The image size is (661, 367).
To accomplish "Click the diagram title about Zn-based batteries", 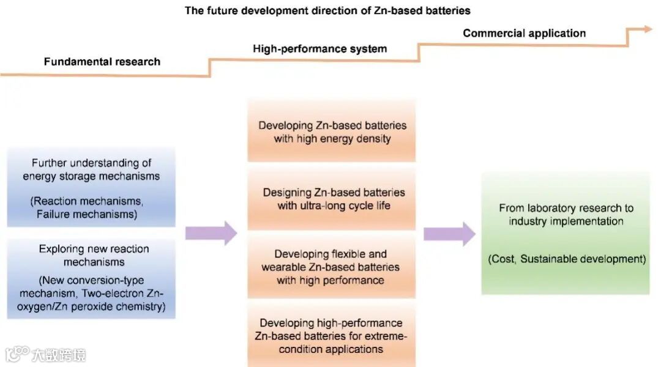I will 327,10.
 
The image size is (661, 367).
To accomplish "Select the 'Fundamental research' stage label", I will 102,62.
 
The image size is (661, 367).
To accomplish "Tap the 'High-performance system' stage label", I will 319,49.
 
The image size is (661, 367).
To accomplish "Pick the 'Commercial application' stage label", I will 524,33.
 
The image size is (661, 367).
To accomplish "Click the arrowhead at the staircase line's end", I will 648,29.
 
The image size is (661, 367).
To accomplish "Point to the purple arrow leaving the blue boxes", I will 211,232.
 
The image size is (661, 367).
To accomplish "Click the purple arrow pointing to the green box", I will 449,233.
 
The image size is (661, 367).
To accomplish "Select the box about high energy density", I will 332,132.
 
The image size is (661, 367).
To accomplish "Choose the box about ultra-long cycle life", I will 332,199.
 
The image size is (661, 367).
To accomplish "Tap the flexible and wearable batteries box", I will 332,267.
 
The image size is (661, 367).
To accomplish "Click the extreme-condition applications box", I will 332,336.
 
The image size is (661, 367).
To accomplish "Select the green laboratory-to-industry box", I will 566,233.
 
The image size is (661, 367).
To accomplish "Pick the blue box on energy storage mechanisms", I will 91,187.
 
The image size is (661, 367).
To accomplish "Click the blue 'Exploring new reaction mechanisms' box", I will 91,278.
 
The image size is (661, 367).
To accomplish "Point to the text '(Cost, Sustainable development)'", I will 567,259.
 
